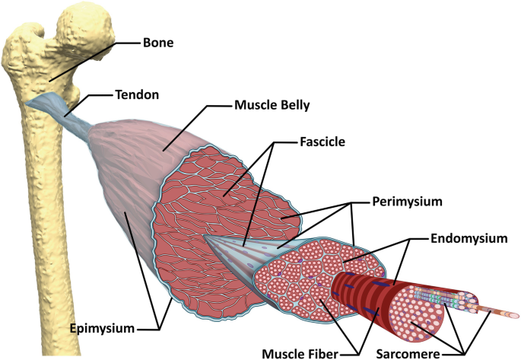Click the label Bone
(x=157, y=43)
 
